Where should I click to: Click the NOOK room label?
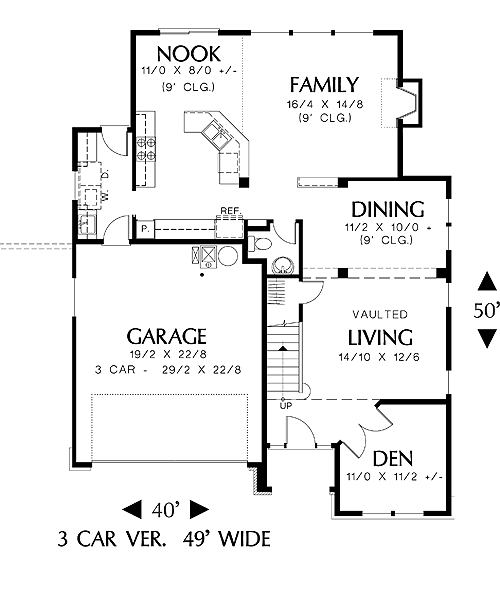189,54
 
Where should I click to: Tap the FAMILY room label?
324,84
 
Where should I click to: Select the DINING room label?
388,210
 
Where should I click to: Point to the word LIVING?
380,337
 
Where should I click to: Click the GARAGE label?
167,336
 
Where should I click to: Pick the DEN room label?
393,459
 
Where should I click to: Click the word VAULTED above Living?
380,314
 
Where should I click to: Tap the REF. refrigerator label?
231,210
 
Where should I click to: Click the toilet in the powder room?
260,243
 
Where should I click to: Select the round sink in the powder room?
283,265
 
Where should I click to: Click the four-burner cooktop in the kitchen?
145,149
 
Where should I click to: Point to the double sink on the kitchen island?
216,134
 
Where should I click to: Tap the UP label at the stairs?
286,406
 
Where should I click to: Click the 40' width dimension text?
165,510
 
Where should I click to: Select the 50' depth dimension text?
486,310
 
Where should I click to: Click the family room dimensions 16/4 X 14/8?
325,104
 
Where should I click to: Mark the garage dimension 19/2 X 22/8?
167,354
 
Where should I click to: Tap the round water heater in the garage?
228,256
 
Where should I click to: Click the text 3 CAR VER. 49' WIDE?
164,539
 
